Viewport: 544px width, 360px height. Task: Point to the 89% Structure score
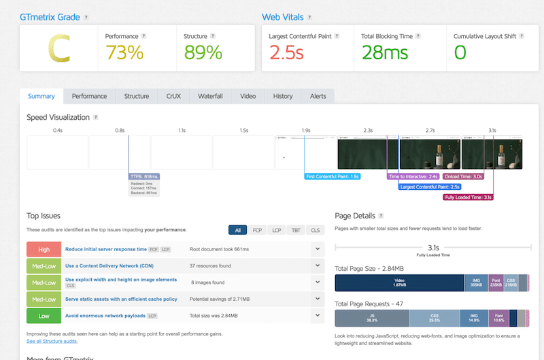(x=203, y=52)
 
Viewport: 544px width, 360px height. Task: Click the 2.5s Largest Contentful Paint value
(x=286, y=52)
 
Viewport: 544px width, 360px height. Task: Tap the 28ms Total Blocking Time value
(x=385, y=52)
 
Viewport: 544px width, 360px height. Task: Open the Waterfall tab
(x=210, y=97)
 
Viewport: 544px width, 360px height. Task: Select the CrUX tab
(x=173, y=97)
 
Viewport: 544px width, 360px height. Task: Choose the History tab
(x=282, y=97)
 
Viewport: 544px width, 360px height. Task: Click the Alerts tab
(x=318, y=97)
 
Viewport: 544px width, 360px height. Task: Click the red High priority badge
(x=44, y=249)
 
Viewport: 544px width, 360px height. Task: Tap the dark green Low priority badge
(x=44, y=316)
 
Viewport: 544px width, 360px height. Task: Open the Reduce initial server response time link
(x=106, y=249)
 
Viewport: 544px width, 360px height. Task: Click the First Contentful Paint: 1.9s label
(x=333, y=176)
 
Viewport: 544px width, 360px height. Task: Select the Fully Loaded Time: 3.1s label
(x=468, y=197)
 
